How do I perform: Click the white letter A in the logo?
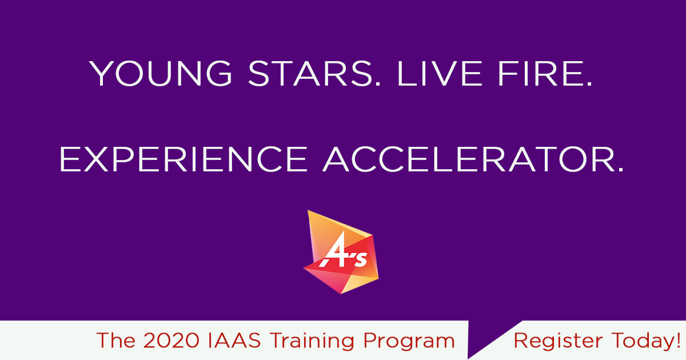pos(335,255)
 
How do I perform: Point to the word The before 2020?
pos(115,341)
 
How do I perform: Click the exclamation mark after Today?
pos(677,341)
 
